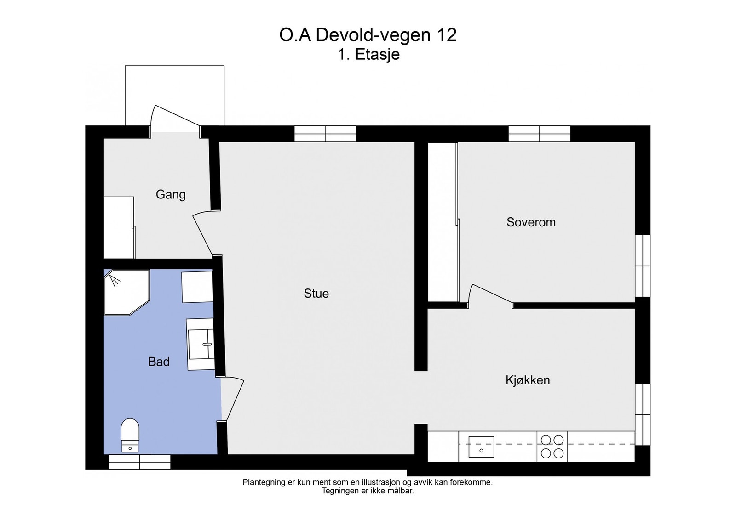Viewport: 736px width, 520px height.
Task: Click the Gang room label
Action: (171, 195)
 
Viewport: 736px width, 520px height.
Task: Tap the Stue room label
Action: (316, 294)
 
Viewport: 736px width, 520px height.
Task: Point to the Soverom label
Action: (531, 222)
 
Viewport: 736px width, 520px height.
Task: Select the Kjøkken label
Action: (528, 380)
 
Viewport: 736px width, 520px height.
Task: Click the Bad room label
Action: (159, 362)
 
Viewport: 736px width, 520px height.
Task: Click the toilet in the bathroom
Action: (130, 435)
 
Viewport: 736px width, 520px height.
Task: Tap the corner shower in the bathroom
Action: (127, 292)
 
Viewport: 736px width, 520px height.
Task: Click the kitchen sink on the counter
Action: (481, 447)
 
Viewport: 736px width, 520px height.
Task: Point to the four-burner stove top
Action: (552, 447)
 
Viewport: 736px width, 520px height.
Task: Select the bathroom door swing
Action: (232, 399)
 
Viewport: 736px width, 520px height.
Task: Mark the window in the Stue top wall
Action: (325, 134)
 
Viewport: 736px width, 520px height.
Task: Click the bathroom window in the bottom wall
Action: (140, 462)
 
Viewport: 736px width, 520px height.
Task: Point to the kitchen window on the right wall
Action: (643, 414)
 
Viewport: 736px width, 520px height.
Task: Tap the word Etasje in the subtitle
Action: (378, 55)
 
